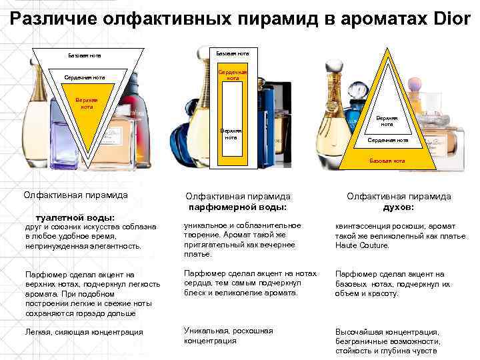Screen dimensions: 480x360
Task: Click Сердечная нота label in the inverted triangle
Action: pyautogui.click(x=85, y=78)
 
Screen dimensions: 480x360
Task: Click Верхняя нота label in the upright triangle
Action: pyautogui.click(x=387, y=121)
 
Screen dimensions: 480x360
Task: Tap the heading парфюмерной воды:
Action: pyautogui.click(x=237, y=207)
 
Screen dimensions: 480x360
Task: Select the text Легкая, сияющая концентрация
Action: pyautogui.click(x=83, y=332)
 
